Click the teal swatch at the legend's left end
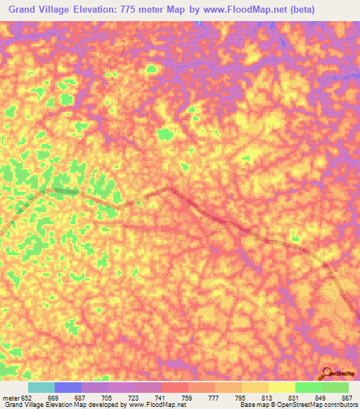41,387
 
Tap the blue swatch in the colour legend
67,387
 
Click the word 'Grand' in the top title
25,9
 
